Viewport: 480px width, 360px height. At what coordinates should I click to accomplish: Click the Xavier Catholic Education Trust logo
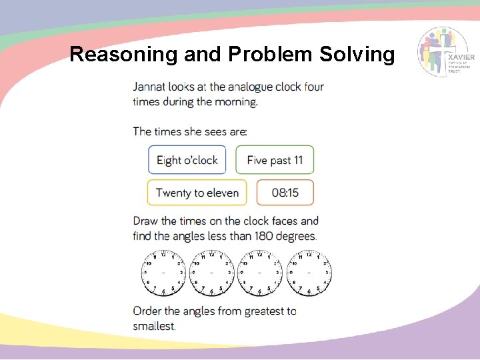(446, 53)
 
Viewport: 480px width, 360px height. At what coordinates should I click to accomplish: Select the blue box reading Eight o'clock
(187, 160)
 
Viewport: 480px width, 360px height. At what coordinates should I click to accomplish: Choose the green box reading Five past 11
(275, 160)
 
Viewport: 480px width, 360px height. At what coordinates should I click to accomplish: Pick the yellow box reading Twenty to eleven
(197, 193)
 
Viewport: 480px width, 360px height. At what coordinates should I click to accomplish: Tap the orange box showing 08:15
(285, 193)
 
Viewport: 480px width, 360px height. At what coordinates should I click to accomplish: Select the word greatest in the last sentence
(262, 311)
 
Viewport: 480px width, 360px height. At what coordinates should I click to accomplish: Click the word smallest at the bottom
(154, 325)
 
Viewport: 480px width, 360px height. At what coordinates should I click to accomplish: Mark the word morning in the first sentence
(233, 102)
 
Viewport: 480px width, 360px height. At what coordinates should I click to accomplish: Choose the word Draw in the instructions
(145, 221)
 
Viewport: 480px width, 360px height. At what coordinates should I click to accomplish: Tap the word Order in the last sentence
(147, 311)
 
